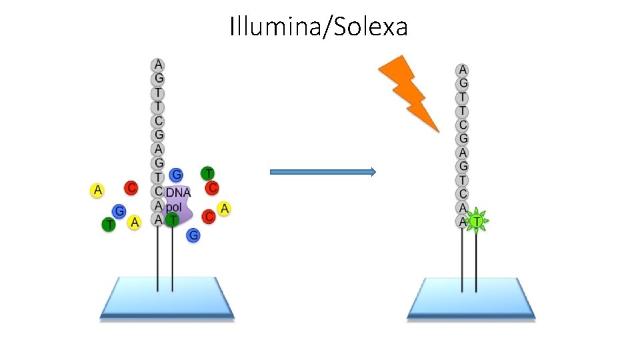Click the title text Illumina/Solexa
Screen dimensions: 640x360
319,27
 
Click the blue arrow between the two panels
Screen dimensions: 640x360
323,172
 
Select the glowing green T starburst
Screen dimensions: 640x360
477,220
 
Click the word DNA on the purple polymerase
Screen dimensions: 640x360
178,193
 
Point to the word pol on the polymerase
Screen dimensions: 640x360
174,207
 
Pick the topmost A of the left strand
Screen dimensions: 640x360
158,65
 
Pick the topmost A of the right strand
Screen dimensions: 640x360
463,69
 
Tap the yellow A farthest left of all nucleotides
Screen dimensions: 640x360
98,191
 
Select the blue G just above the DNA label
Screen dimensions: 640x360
176,175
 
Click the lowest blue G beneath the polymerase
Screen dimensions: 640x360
193,235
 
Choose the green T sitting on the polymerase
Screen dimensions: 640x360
173,219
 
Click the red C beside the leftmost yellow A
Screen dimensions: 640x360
131,188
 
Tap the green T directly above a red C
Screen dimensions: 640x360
207,173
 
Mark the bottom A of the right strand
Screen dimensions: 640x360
463,221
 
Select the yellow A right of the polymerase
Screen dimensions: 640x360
225,209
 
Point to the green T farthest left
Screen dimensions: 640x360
108,225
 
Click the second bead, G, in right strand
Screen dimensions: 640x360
463,83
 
